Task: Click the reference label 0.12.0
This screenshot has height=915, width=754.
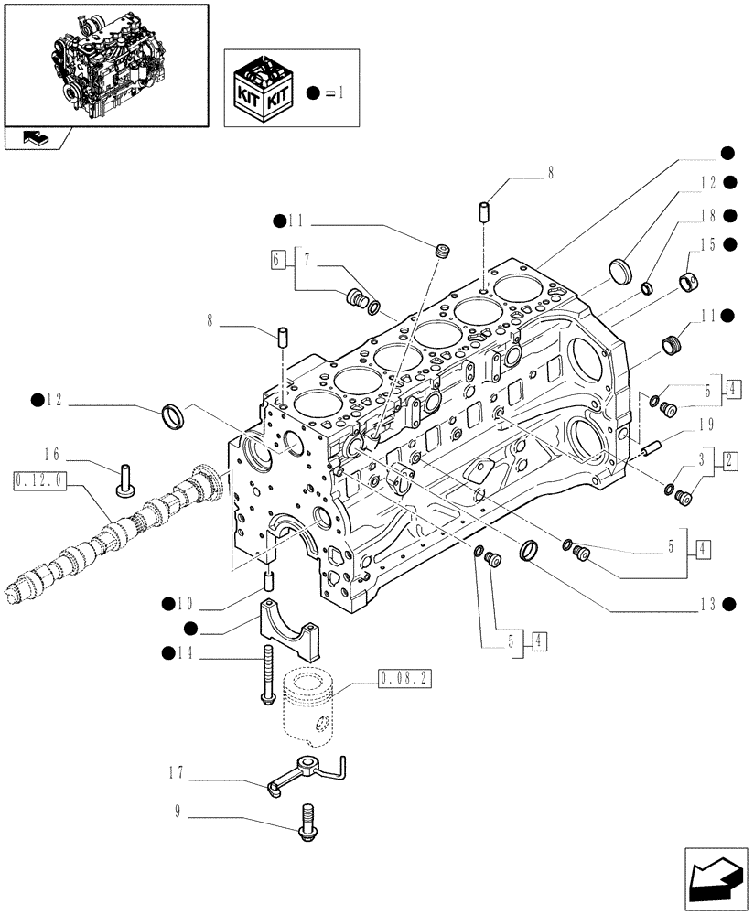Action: coord(36,479)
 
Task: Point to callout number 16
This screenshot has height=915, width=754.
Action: coord(50,453)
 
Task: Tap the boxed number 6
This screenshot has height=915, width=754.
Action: coord(276,259)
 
